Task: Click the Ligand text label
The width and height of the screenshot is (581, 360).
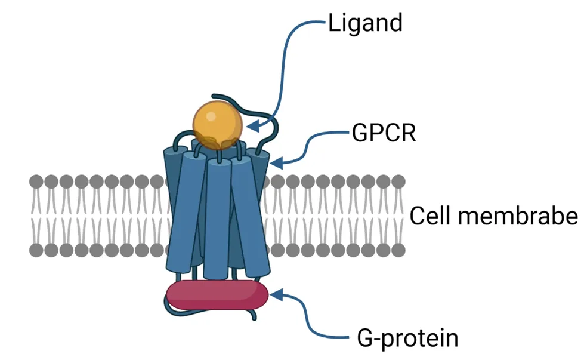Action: [x=365, y=23]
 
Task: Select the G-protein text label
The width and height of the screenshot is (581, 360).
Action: [x=407, y=338]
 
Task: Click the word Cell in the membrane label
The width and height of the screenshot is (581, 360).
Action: [x=428, y=216]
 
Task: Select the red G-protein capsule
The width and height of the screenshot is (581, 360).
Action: [x=217, y=295]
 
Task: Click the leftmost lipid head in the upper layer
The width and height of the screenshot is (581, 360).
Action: [x=36, y=181]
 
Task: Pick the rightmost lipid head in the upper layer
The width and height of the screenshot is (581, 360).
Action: [x=398, y=181]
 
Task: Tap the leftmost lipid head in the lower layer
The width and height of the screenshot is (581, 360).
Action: [x=36, y=250]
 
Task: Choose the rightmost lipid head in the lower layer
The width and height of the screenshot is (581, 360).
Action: [x=398, y=250]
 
